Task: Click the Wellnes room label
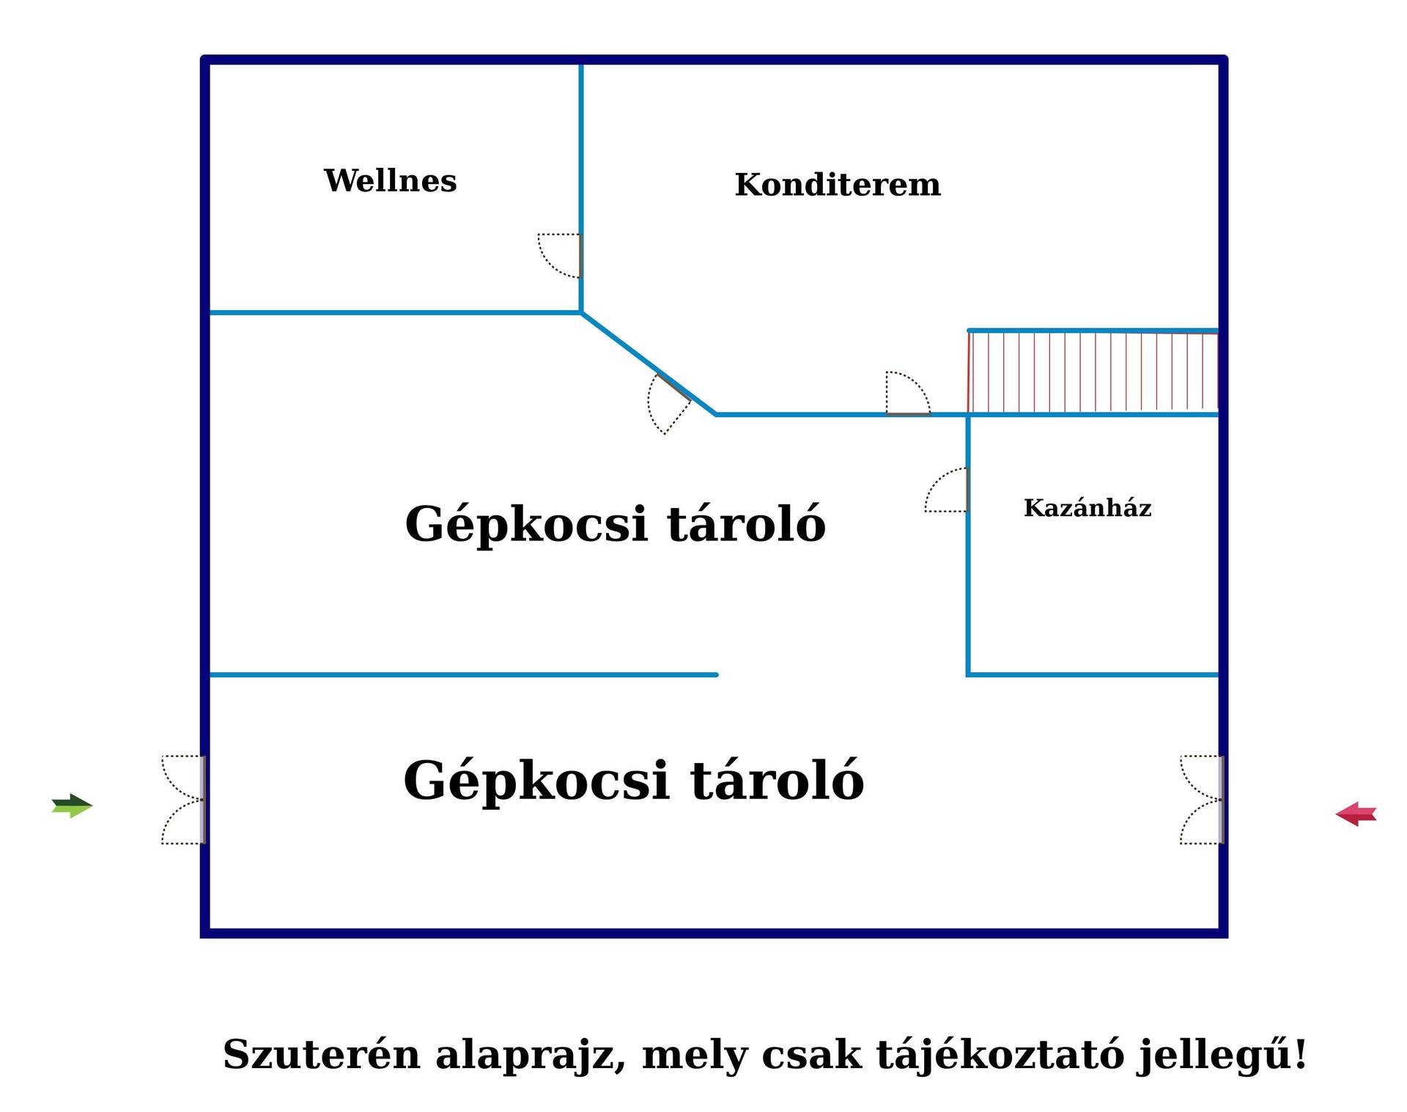pos(390,180)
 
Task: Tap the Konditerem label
pos(838,184)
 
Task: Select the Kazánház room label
pos(1087,507)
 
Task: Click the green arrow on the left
pos(72,806)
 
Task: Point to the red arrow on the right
pos(1356,814)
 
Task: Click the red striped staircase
pos(1093,372)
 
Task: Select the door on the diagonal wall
pos(668,402)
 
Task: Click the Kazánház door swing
pos(947,490)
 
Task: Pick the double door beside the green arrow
pos(184,800)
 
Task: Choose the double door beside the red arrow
pos(1202,800)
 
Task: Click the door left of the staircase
pos(908,394)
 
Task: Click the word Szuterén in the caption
pos(322,1055)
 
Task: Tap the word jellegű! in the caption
pos(1222,1056)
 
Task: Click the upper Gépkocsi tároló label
pos(615,525)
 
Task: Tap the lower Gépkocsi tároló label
pos(633,781)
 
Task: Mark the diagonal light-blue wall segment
pos(649,364)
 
